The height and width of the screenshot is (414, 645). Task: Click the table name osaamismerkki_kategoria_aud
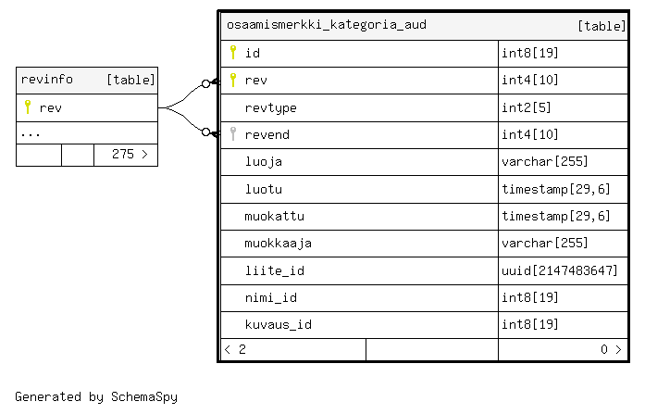coord(327,25)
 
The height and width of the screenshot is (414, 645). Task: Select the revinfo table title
coord(47,79)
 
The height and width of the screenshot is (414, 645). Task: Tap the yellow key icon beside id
coord(233,53)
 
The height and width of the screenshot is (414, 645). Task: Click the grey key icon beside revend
coord(233,134)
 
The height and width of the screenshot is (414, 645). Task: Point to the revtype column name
coord(270,107)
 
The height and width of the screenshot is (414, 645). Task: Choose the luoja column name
coord(263,162)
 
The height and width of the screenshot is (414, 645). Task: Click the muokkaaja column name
coord(278,244)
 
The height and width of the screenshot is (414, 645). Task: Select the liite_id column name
coord(274,270)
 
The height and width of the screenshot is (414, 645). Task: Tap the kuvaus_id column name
coord(278,325)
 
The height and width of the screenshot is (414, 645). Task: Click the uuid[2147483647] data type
coord(560,270)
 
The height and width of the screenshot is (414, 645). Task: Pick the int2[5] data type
coord(527,107)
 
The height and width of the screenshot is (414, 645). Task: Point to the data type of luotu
coord(556,189)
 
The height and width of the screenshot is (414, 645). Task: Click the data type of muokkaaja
coord(545,243)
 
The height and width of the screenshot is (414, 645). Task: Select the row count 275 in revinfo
coord(123,155)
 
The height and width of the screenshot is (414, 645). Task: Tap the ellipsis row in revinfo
coord(31,134)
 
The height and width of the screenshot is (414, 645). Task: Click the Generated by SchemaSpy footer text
coord(96,396)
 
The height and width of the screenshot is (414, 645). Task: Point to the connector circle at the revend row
coord(206,132)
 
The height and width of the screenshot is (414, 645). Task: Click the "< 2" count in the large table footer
coord(235,350)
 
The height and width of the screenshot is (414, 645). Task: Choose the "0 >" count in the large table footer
coord(611,350)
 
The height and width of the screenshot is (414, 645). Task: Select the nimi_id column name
coord(270,297)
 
